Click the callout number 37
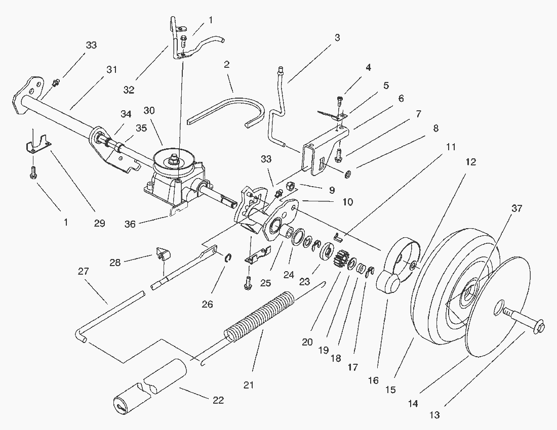point(517,208)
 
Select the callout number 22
point(218,400)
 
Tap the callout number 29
point(99,223)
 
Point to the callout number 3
point(337,37)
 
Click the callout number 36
point(130,224)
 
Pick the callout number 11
point(451,147)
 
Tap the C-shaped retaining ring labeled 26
point(228,257)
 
